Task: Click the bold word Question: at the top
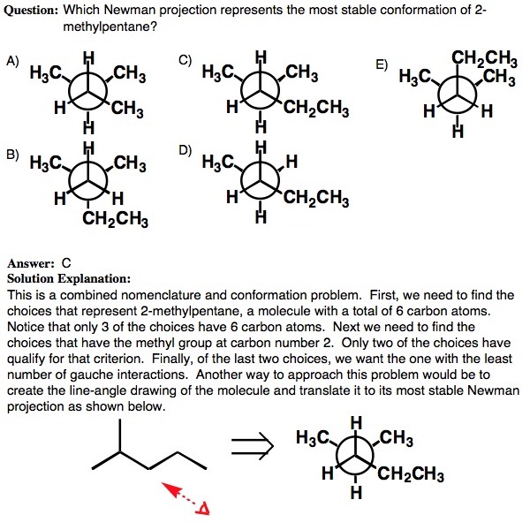(x=33, y=8)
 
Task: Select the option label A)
(x=12, y=61)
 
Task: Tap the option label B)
(x=12, y=154)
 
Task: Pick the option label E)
(x=382, y=64)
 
